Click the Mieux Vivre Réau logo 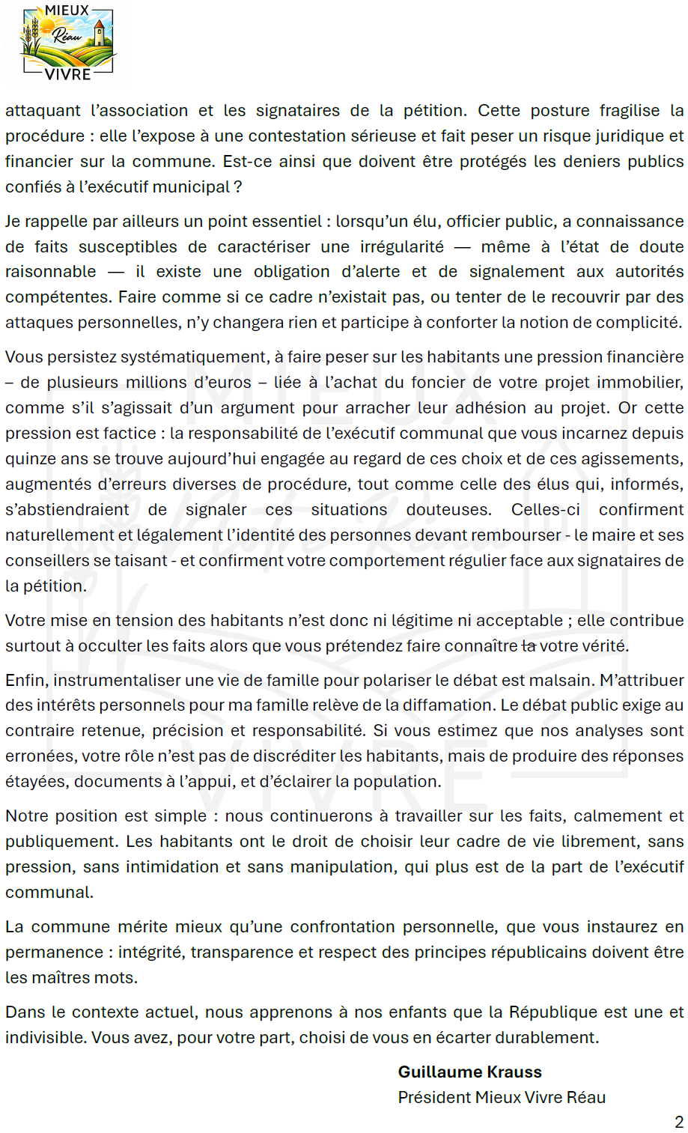(68, 42)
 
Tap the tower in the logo (99, 34)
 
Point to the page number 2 (678, 1122)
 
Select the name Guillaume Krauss (469, 1072)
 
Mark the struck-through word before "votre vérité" (529, 646)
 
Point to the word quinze (28, 458)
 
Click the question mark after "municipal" (238, 186)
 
